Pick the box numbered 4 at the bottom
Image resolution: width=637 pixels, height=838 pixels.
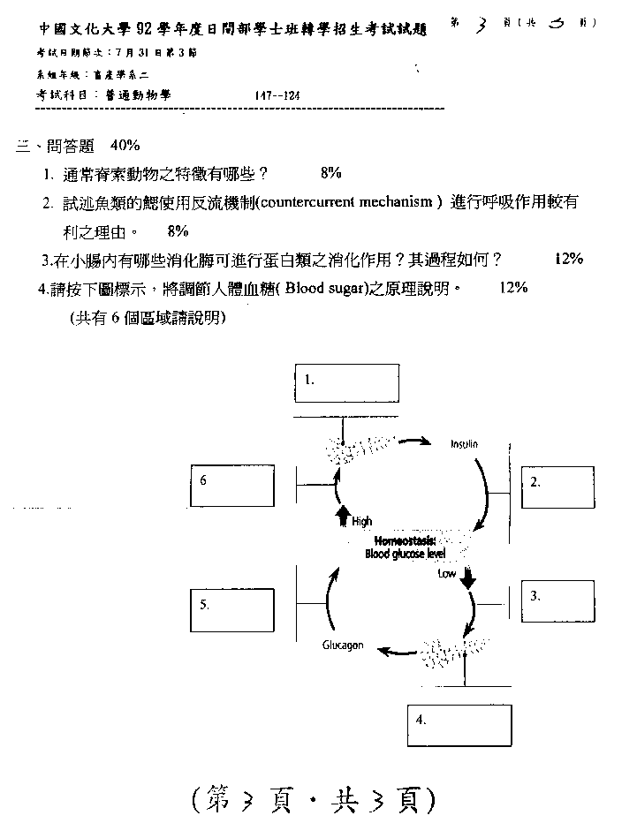pos(459,726)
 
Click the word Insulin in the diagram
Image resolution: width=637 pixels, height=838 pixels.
pos(464,445)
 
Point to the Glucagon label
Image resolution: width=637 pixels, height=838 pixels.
pos(343,645)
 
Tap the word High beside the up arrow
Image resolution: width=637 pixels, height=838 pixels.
pos(362,522)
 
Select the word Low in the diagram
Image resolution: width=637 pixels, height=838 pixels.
pos(447,573)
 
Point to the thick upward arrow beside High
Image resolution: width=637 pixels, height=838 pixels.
pos(343,519)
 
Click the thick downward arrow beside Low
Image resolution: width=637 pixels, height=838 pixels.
pos(468,577)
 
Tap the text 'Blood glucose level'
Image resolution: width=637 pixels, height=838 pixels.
pos(406,555)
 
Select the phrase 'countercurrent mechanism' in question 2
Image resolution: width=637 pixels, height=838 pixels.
pos(351,203)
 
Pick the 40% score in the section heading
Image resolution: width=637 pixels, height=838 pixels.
pos(125,145)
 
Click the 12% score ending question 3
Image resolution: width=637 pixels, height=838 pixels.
pos(569,259)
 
